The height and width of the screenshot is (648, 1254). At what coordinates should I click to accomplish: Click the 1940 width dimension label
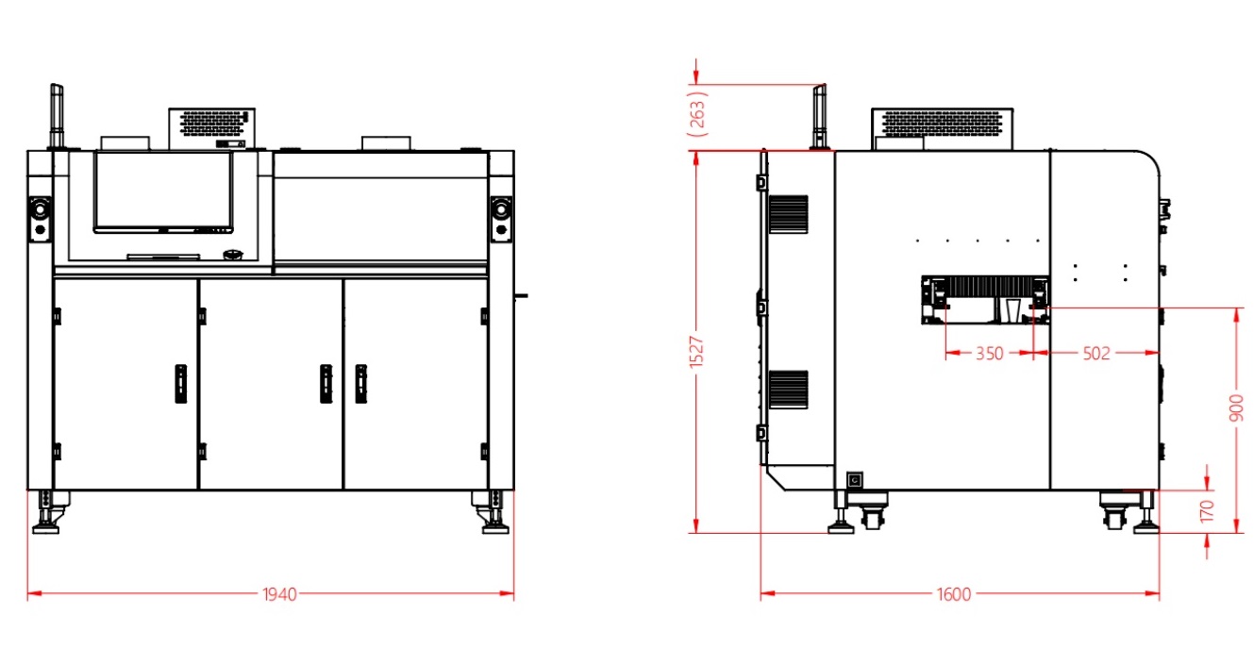[279, 594]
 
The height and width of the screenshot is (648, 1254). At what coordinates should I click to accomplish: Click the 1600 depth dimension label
[954, 594]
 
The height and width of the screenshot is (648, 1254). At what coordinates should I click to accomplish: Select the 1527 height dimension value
[695, 353]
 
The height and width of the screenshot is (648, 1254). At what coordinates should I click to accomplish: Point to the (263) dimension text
[698, 114]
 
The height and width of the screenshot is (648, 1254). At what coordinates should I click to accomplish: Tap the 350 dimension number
[989, 354]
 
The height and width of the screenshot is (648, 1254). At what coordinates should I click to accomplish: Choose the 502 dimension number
[1096, 354]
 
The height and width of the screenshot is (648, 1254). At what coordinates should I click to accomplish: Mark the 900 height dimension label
[1236, 407]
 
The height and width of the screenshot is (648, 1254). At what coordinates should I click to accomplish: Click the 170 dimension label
[1207, 511]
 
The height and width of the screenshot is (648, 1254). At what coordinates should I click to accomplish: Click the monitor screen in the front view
[163, 191]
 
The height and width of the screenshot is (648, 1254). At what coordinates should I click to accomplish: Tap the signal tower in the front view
[57, 116]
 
